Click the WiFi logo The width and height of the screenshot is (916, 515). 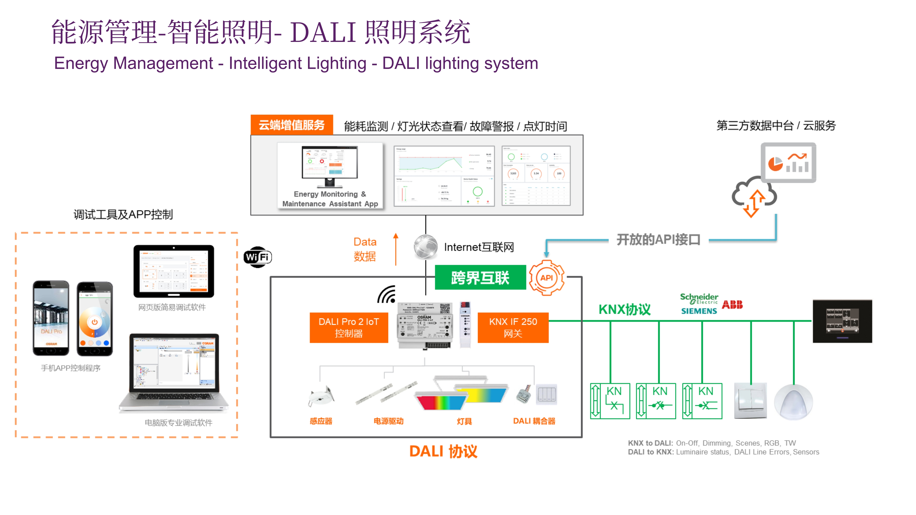(257, 257)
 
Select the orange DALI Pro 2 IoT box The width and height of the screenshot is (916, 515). (349, 327)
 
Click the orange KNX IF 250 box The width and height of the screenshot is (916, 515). (513, 327)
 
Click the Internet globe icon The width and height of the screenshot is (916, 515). (426, 247)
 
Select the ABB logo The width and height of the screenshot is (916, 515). (732, 305)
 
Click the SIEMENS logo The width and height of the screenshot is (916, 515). (699, 311)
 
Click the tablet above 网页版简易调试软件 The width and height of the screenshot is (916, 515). (174, 271)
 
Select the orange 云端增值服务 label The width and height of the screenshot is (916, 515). (292, 125)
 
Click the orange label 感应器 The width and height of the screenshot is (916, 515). (321, 421)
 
